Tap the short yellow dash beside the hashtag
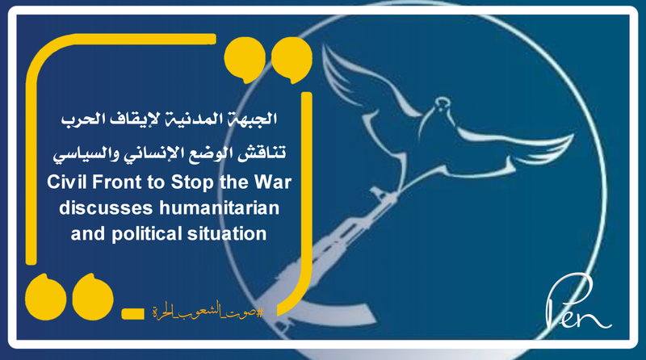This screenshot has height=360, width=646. (x=133, y=311)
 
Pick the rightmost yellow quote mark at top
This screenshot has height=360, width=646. (x=286, y=58)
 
